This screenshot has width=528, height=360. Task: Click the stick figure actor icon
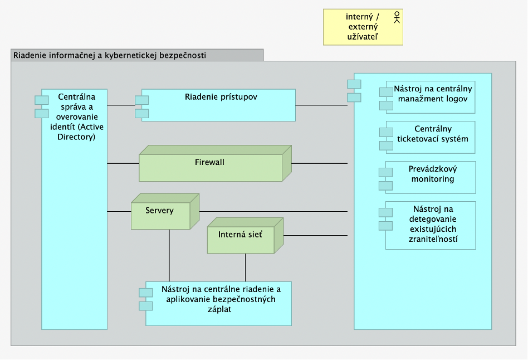click(397, 17)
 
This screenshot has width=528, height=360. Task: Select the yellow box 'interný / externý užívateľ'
click(363, 27)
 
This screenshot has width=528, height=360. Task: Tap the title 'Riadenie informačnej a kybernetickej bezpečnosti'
click(110, 55)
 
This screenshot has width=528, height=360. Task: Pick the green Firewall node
click(215, 163)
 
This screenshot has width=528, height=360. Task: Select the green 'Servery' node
click(165, 212)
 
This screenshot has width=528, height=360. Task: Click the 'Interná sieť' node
click(245, 236)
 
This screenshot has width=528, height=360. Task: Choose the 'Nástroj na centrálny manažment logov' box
click(427, 97)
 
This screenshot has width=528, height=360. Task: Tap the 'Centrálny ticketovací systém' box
click(427, 137)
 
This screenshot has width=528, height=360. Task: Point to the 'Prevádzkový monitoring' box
click(427, 177)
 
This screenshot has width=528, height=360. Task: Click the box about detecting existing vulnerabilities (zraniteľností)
click(427, 226)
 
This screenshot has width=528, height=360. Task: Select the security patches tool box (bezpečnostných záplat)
click(216, 304)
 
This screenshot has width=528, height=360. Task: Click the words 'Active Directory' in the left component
click(77, 132)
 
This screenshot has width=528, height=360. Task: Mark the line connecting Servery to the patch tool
click(169, 255)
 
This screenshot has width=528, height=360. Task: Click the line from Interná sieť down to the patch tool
click(246, 267)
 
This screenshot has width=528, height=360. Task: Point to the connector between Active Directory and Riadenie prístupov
click(121, 105)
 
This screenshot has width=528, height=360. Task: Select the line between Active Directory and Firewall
click(123, 163)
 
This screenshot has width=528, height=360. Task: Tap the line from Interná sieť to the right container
click(316, 236)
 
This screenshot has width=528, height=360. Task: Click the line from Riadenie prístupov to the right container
click(321, 105)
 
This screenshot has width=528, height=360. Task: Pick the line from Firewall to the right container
click(320, 163)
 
